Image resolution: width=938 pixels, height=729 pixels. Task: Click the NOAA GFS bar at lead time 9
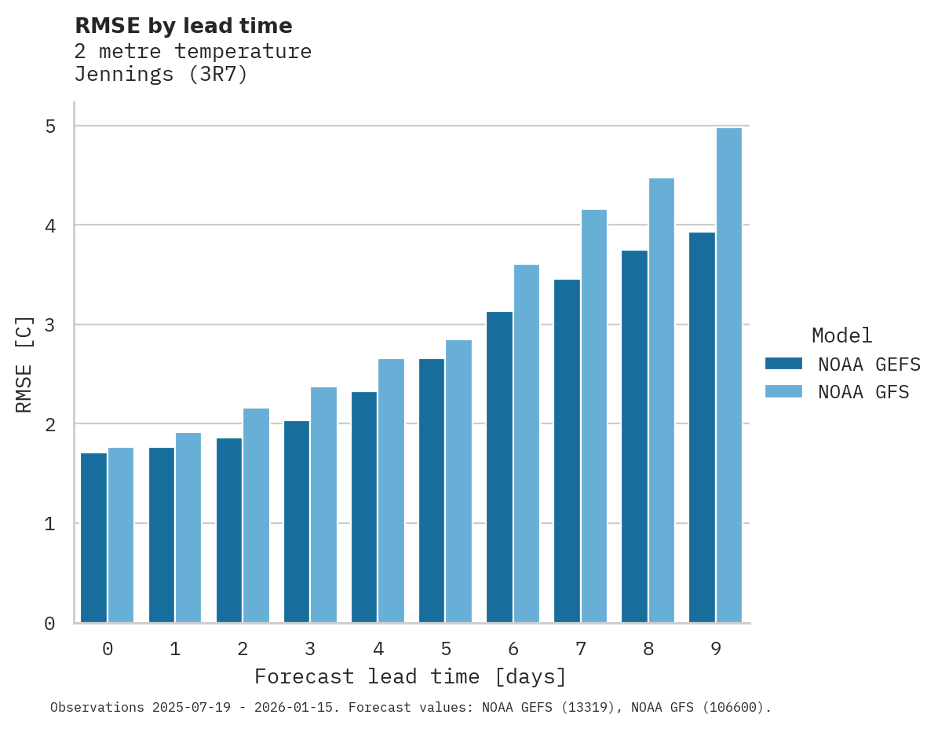pyautogui.click(x=728, y=375)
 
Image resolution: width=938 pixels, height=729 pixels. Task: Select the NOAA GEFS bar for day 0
pyautogui.click(x=94, y=538)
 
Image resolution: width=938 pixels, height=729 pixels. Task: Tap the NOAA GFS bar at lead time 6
pyautogui.click(x=526, y=444)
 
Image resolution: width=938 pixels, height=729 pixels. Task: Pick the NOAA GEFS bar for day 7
pyautogui.click(x=567, y=451)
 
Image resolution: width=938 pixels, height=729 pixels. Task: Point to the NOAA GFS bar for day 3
pyautogui.click(x=323, y=505)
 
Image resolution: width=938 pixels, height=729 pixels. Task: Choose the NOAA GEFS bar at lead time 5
pyautogui.click(x=432, y=491)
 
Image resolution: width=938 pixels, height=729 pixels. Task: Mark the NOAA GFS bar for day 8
pyautogui.click(x=661, y=401)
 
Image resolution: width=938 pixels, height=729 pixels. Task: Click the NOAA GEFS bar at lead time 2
pyautogui.click(x=229, y=530)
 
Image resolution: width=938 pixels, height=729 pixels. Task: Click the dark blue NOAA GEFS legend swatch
pyautogui.click(x=783, y=363)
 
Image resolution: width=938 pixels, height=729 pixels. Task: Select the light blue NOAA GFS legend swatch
pyautogui.click(x=783, y=391)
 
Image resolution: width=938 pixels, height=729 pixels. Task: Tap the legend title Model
pyautogui.click(x=841, y=335)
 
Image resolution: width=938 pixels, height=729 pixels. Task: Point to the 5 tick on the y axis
pyautogui.click(x=49, y=126)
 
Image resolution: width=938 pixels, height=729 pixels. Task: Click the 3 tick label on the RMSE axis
pyautogui.click(x=49, y=324)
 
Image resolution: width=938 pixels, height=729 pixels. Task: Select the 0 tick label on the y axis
pyautogui.click(x=49, y=623)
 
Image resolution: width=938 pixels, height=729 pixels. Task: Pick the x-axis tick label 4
pyautogui.click(x=378, y=649)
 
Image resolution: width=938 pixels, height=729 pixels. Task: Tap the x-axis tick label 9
pyautogui.click(x=716, y=649)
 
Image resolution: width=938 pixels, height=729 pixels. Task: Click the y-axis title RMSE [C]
pyautogui.click(x=24, y=364)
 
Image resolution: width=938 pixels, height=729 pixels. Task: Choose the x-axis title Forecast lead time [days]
pyautogui.click(x=411, y=676)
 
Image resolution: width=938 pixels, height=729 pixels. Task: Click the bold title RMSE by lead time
pyautogui.click(x=184, y=26)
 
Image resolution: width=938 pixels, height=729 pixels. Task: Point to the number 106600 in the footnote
pyautogui.click(x=734, y=707)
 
